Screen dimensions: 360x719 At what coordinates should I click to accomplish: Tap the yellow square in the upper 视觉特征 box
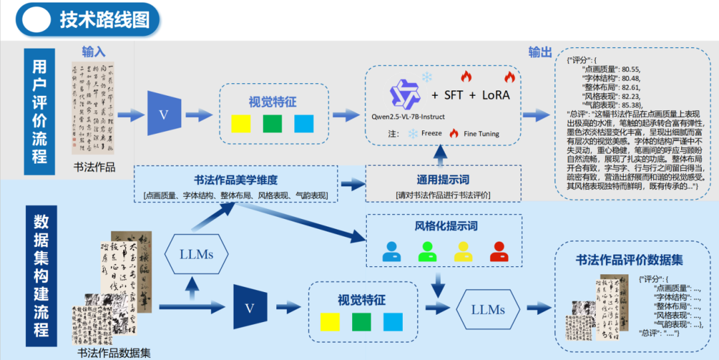240,124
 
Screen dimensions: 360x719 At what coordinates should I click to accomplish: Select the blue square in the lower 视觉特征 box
393,321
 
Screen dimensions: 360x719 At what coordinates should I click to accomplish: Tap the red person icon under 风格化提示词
499,252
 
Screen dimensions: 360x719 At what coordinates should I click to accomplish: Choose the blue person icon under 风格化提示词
392,252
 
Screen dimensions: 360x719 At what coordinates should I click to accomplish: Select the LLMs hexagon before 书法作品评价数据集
488,309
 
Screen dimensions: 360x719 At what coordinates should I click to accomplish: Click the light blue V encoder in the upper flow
164,114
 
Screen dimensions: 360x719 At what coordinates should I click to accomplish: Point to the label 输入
94,52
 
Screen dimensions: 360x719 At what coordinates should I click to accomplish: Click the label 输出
540,53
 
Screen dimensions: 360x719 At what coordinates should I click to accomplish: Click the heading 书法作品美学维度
236,180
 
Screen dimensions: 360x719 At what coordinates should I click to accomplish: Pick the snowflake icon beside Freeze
413,133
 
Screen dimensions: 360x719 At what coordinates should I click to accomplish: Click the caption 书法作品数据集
114,353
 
